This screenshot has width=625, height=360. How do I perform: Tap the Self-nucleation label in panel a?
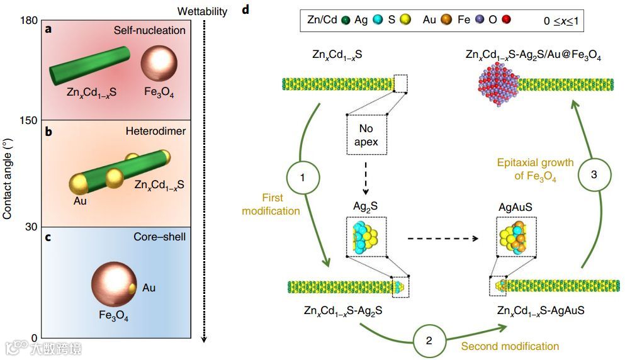(x=149, y=30)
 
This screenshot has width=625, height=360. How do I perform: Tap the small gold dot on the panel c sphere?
(x=132, y=289)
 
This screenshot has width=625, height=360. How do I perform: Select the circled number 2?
(x=429, y=340)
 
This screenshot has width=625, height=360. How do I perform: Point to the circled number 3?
(x=594, y=176)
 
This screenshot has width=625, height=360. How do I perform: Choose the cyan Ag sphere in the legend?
(x=376, y=20)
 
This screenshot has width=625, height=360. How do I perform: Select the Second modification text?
(x=510, y=346)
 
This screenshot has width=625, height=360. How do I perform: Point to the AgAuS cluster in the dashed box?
(x=515, y=236)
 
